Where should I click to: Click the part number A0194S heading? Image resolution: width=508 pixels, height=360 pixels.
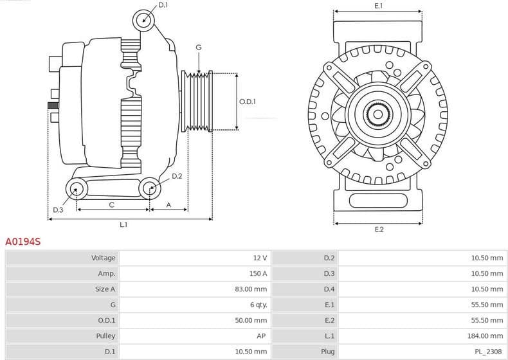tap(23, 242)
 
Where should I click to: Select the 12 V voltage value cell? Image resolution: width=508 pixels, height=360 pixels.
tap(260, 258)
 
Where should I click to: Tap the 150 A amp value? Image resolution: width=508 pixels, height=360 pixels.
tap(258, 273)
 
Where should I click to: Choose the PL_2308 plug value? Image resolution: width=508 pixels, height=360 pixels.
tap(489, 352)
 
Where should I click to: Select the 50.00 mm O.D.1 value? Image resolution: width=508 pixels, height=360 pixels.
tap(251, 320)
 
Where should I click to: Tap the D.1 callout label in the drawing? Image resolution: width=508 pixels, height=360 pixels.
tap(163, 5)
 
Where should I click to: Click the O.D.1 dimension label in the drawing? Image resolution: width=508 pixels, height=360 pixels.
tap(248, 102)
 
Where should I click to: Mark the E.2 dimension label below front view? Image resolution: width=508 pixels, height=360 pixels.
tap(379, 230)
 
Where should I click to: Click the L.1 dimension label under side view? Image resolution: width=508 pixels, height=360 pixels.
tap(123, 224)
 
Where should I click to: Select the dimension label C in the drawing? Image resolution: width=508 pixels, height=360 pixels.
tap(111, 205)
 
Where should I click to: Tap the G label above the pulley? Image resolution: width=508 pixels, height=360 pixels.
tap(199, 48)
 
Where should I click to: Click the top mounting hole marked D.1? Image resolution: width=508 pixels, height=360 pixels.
tap(145, 21)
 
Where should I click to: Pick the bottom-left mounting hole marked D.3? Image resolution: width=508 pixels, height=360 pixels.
tap(77, 189)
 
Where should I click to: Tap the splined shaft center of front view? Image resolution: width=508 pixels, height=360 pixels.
tap(378, 115)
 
